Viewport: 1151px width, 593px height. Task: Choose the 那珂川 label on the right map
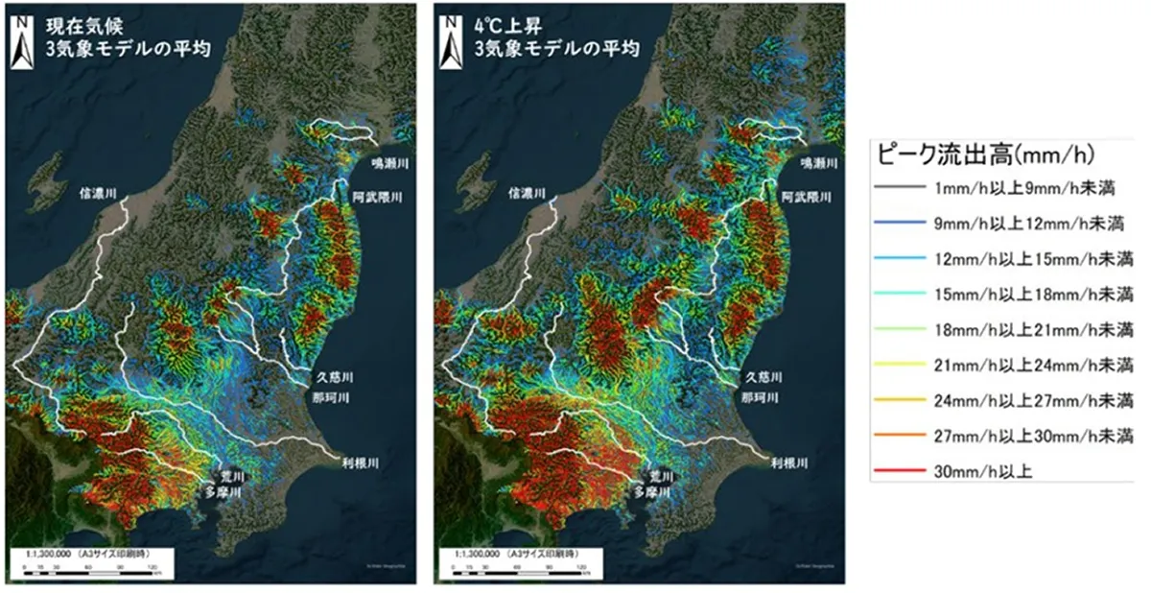pos(764,396)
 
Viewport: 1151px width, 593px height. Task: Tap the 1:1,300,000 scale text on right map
pos(478,555)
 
